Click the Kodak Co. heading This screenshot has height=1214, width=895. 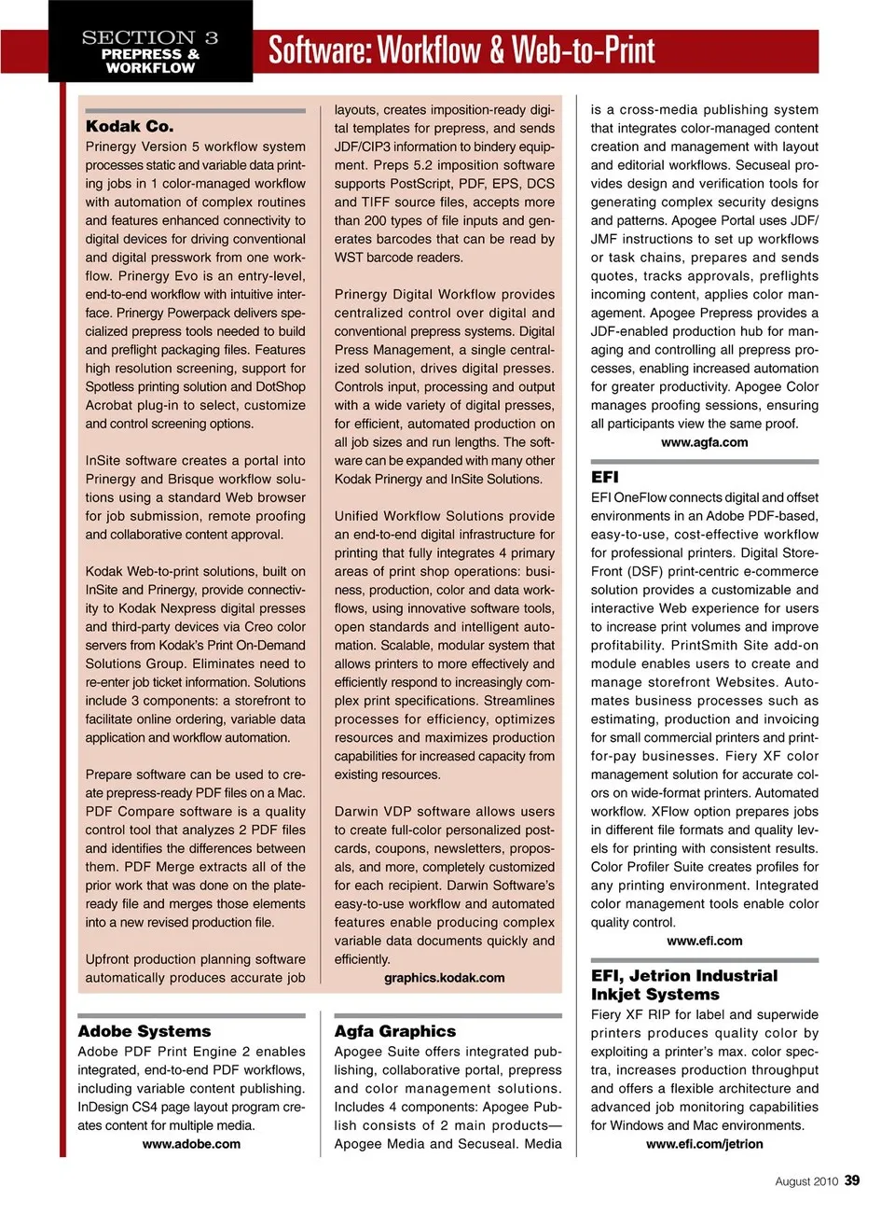click(x=130, y=126)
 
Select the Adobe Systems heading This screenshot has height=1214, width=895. click(x=145, y=1031)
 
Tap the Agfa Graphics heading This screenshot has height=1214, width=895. click(x=395, y=1031)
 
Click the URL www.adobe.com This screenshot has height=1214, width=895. click(x=191, y=1144)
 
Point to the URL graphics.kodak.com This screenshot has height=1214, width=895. click(x=445, y=978)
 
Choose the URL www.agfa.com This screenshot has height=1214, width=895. click(x=704, y=442)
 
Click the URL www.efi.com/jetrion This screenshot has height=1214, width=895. click(x=704, y=1144)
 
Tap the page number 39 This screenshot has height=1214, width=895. click(x=852, y=1180)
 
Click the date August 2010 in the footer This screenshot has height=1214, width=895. click(x=806, y=1181)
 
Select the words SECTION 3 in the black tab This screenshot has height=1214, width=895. click(x=150, y=37)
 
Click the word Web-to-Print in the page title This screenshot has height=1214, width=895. click(x=584, y=50)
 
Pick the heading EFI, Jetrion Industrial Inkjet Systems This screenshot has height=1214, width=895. click(x=683, y=984)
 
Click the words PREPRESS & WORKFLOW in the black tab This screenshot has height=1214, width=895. click(x=150, y=61)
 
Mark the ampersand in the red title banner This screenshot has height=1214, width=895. click(x=495, y=50)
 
